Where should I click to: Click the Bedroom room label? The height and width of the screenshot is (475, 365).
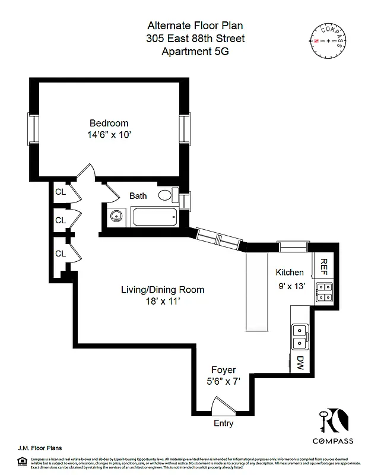point(109,123)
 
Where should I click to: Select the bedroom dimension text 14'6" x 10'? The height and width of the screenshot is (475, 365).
point(109,135)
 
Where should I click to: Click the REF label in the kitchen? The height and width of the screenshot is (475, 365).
point(325,267)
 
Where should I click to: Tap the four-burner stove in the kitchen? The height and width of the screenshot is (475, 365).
point(324,292)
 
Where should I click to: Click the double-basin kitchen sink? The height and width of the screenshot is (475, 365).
point(300,335)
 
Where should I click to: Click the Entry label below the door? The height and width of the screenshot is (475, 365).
point(223,424)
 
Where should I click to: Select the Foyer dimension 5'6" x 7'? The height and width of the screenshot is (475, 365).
point(223,382)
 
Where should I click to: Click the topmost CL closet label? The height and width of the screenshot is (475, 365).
point(60,192)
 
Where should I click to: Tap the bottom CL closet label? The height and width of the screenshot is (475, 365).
point(60,254)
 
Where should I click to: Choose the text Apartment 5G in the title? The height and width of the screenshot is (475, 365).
point(195,52)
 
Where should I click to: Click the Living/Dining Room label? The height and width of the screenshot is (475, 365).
point(163,290)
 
